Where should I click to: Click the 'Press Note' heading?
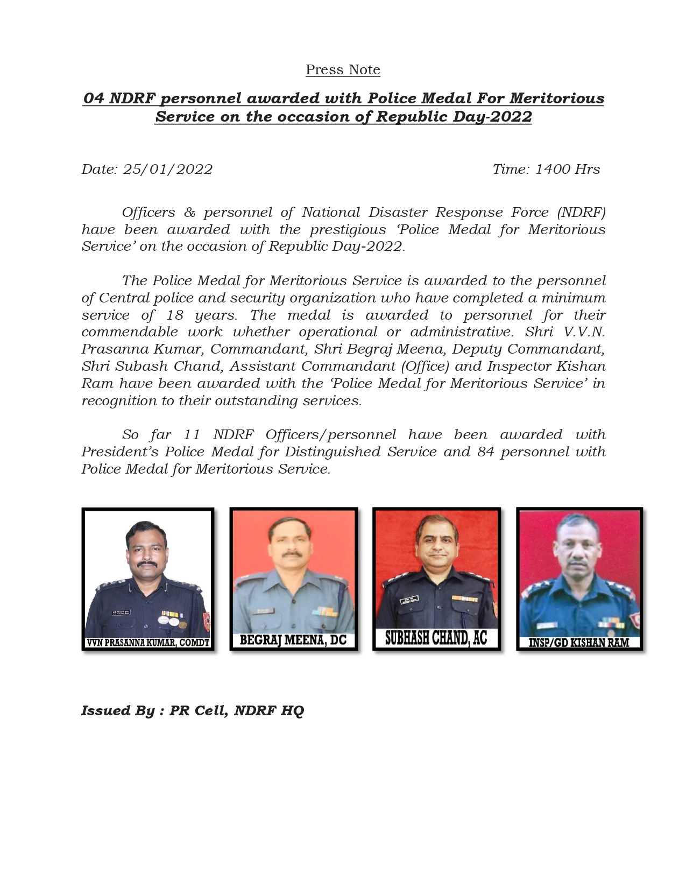click(x=343, y=70)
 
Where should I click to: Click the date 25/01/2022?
click(x=168, y=169)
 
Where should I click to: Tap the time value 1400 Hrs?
click(x=567, y=169)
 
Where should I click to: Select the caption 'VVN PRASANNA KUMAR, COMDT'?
click(x=148, y=643)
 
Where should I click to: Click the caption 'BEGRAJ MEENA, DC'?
click(x=293, y=640)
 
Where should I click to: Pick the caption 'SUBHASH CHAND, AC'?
click(x=436, y=638)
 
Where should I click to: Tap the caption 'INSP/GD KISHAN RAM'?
click(x=579, y=643)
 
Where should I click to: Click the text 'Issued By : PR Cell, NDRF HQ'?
click(x=193, y=710)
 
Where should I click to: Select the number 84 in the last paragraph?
click(x=485, y=452)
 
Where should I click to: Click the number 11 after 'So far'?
click(x=192, y=434)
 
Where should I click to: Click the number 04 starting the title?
click(x=94, y=98)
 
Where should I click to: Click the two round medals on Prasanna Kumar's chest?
click(x=169, y=620)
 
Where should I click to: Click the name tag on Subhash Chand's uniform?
click(x=409, y=602)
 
